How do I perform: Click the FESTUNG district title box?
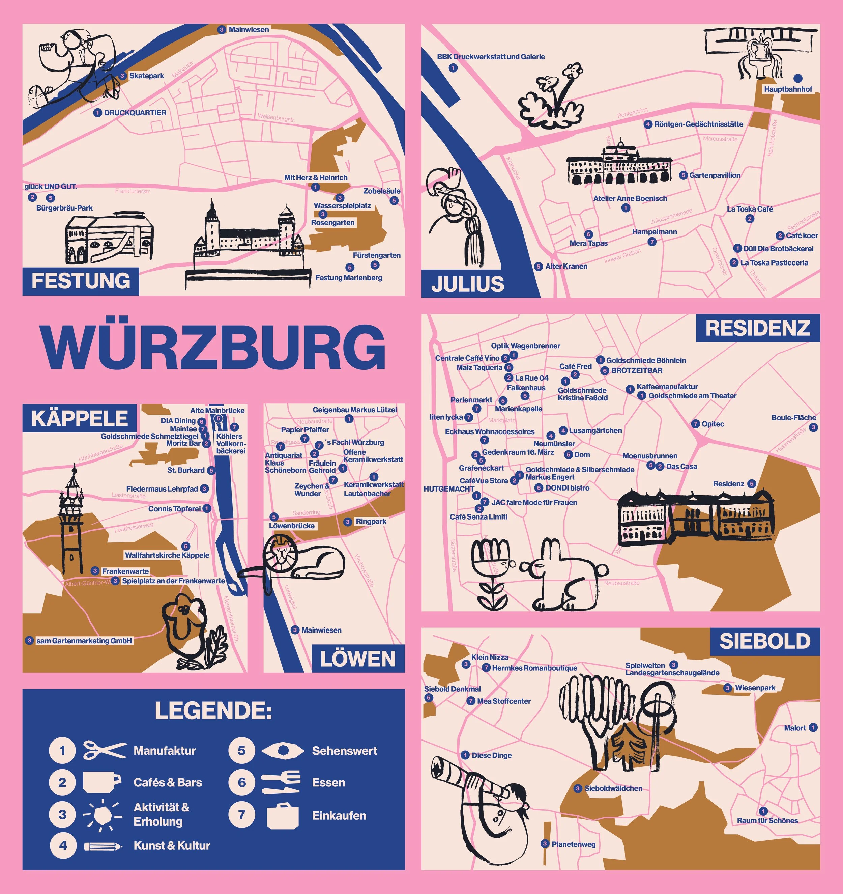pos(81,281)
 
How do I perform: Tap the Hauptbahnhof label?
pos(788,89)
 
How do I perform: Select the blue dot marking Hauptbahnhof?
pos(797,78)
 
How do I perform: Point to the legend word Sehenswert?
pos(344,751)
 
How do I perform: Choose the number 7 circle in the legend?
pos(241,814)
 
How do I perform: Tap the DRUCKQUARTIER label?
pos(135,113)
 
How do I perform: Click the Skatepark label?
pos(147,76)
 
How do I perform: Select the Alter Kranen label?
pos(566,266)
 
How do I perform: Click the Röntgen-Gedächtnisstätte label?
pos(698,124)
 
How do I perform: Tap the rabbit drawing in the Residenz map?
pos(562,576)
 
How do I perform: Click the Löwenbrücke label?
pos(292,526)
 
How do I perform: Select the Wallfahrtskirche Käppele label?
pos(167,555)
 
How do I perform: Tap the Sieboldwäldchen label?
pos(613,788)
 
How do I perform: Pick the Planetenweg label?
pos(573,844)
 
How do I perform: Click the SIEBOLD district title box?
pos(765,641)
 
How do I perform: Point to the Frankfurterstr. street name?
pos(133,191)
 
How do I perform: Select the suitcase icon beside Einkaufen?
pos(282,816)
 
